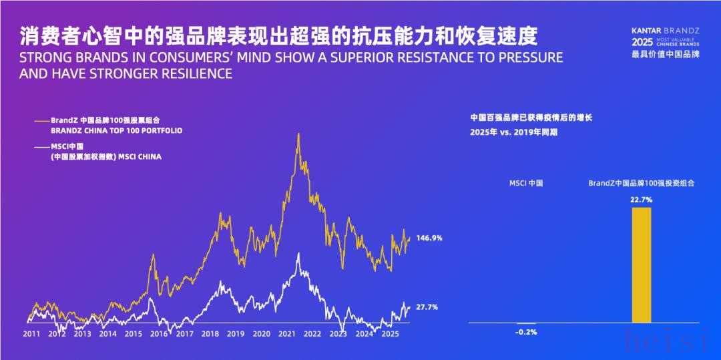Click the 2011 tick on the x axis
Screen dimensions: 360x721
31,333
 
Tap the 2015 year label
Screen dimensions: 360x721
134,333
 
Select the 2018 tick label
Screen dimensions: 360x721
210,333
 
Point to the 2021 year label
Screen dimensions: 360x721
287,333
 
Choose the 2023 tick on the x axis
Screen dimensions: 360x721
338,333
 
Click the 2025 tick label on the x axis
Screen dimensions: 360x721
390,333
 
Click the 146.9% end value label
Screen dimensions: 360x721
429,238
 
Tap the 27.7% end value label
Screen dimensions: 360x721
427,307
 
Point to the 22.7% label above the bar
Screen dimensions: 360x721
641,200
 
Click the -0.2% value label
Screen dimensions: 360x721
526,332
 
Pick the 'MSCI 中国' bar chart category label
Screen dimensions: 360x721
526,182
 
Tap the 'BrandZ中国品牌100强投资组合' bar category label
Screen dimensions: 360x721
641,182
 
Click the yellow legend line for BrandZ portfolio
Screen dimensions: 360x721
41,120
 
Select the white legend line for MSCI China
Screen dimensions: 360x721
41,147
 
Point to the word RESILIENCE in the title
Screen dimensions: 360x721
194,73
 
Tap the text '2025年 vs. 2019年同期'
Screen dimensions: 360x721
514,132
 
